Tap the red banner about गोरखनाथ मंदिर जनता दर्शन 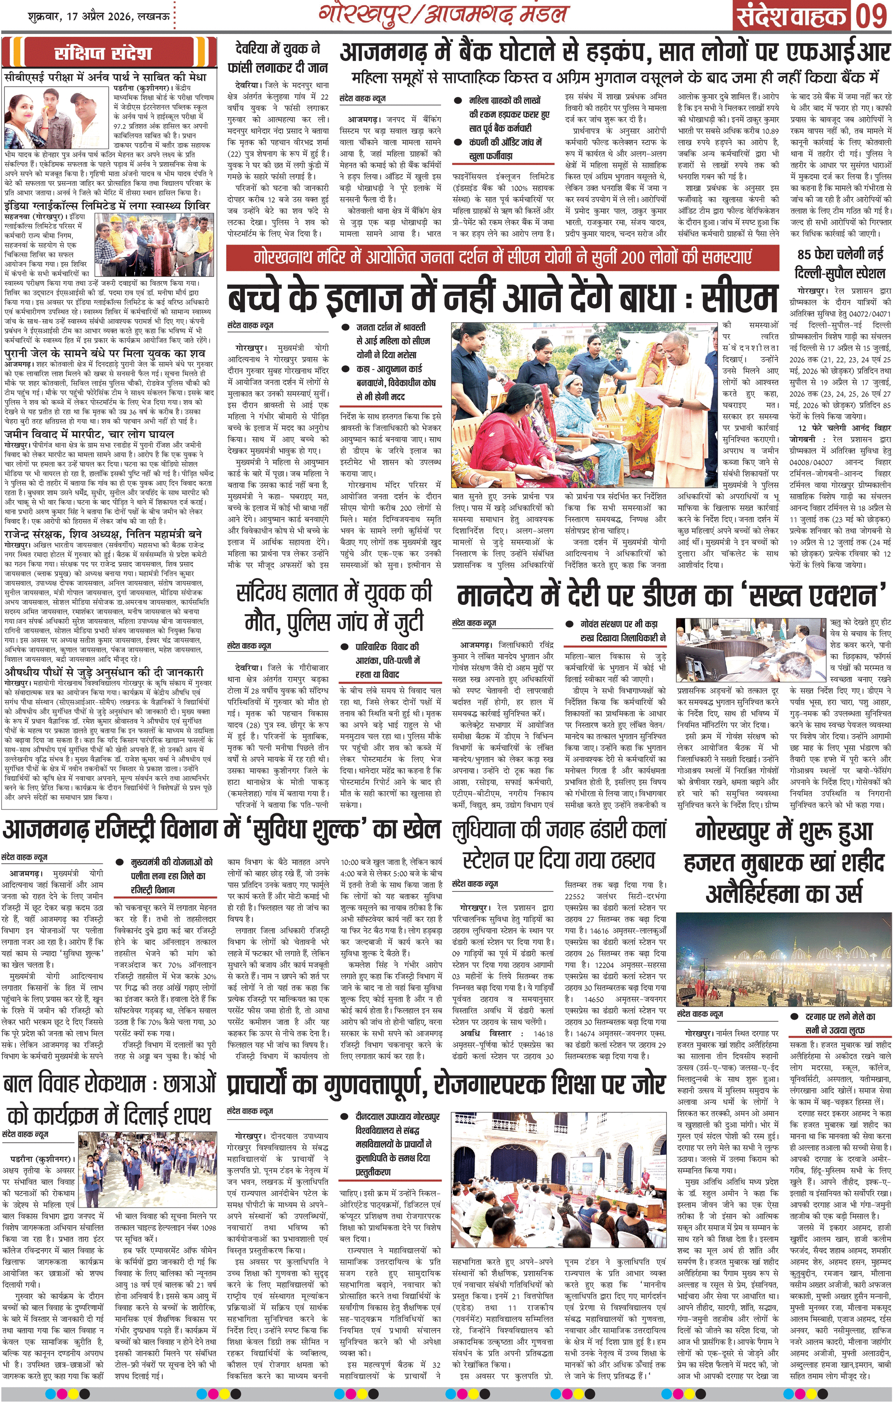coord(502,257)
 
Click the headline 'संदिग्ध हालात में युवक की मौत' coord(334,608)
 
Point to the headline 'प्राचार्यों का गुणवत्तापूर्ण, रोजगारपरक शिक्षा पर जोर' coord(445,1085)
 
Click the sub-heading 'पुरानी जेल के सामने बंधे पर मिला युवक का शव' coord(105,353)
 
